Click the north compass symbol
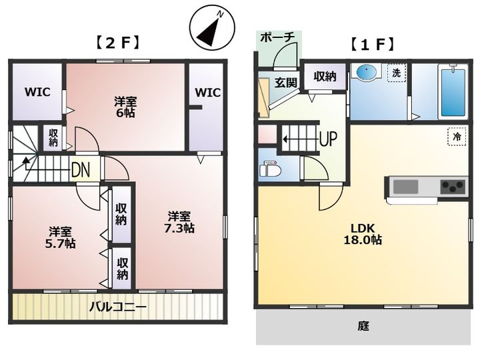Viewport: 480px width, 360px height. coord(212,29)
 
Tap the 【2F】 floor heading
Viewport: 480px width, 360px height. coord(118,43)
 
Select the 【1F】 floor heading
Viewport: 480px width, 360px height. coord(372,45)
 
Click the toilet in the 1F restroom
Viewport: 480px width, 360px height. coord(270,169)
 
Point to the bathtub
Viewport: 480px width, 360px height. coord(453,92)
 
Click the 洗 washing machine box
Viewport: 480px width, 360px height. coord(397,73)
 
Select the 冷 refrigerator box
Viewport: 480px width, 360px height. coord(457,136)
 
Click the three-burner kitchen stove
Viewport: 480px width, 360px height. coord(453,186)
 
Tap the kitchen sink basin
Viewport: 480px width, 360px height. coord(405,187)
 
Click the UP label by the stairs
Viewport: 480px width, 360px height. coord(328,139)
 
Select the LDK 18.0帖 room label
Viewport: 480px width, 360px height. coord(363,233)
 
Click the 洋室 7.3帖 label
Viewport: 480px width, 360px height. coord(179,222)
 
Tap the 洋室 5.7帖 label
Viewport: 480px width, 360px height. coord(61,237)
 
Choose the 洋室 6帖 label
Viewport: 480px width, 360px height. coord(125,107)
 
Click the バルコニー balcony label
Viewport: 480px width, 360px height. coord(118,307)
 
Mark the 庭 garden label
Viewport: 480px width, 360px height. coord(364,326)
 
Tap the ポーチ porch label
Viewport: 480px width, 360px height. coord(277,37)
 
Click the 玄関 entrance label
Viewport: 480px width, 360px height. coord(285,83)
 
